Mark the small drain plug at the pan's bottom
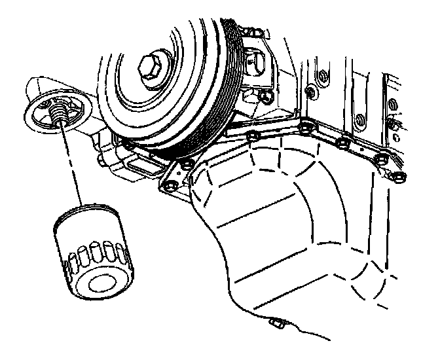(276, 322)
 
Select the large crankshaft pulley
(164, 79)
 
